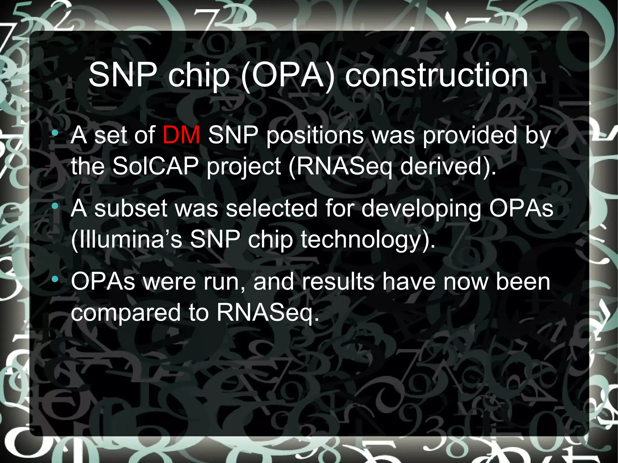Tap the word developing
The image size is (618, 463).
coord(421,209)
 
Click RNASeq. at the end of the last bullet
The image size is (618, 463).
coord(268,313)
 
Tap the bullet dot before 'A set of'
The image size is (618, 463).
coord(55,133)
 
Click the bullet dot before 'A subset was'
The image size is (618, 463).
coord(55,206)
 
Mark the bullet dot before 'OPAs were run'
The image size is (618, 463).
coord(55,280)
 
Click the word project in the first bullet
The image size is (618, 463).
coord(244,167)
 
